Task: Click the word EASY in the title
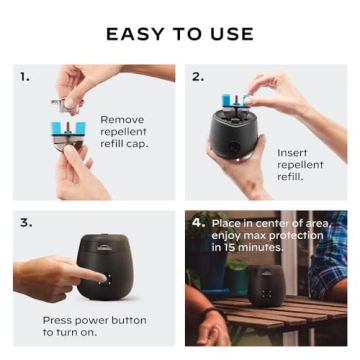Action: point(138,34)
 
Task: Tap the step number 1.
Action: point(24,76)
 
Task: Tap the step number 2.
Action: point(197,76)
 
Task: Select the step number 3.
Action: point(24,222)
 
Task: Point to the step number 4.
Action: point(198,222)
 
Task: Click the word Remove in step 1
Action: point(121,119)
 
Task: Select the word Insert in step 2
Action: point(294,152)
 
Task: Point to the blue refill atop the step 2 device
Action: point(241,100)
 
